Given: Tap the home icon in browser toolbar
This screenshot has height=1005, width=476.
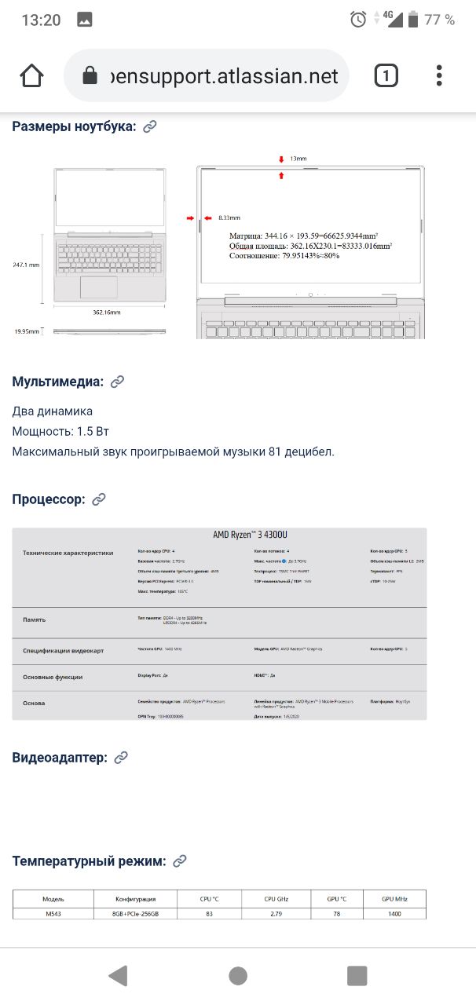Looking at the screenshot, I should click(x=31, y=76).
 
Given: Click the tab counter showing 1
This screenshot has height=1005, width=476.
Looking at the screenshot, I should click(x=386, y=76).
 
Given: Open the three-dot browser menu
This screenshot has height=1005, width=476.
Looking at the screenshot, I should click(x=439, y=76).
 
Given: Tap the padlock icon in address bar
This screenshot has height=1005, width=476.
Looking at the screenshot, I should click(x=90, y=76).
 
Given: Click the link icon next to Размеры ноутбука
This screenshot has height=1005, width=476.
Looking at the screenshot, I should click(x=150, y=126).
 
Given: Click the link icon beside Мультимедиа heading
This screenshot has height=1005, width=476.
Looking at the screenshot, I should click(x=118, y=382).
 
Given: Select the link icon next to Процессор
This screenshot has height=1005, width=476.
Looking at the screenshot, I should click(x=99, y=499).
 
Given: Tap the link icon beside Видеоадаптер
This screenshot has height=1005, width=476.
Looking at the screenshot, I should click(x=121, y=758).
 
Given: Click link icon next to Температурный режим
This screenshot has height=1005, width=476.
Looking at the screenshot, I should click(x=180, y=861).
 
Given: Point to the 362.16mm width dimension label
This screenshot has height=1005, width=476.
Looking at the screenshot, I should click(x=107, y=312).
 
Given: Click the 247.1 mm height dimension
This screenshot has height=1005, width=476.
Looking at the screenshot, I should click(x=26, y=265).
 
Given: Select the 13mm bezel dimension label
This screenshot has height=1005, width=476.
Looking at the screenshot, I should click(x=298, y=159).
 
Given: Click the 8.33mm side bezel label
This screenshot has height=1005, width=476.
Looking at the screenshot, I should click(x=229, y=217).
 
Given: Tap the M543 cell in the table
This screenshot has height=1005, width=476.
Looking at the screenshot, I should click(x=53, y=913).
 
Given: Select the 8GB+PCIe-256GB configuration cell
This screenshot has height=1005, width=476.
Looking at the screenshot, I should click(x=135, y=913).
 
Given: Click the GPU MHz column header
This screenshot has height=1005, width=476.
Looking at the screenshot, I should click(x=394, y=898).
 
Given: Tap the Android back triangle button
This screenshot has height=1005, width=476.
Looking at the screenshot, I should click(x=118, y=976).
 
